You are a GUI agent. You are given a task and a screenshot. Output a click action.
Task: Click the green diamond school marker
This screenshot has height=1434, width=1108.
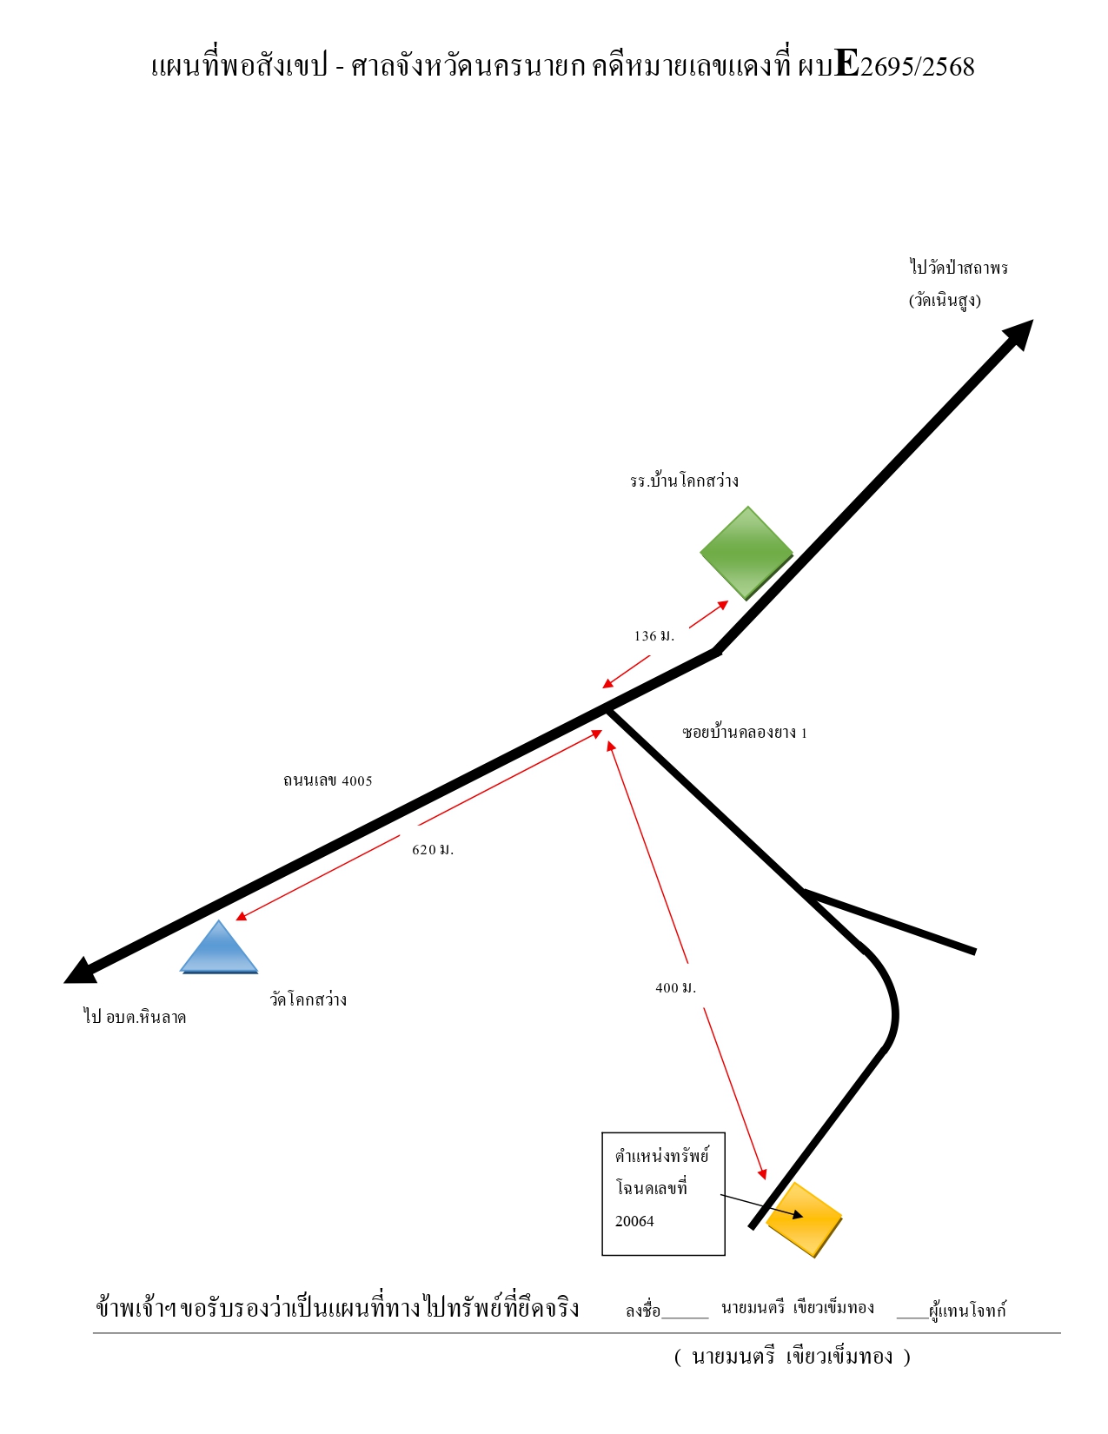746,553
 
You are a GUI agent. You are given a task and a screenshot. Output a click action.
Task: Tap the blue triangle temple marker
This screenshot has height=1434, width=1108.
218,947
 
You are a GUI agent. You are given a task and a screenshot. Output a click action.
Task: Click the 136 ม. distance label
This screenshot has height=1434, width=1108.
654,635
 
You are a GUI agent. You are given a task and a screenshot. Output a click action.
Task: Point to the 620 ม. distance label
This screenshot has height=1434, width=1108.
433,849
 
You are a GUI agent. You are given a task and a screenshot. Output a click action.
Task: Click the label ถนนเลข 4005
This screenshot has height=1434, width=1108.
328,780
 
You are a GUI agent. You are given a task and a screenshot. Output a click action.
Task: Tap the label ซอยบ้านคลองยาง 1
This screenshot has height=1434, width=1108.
745,733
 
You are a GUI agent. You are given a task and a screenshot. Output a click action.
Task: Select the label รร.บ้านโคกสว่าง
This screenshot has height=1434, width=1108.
684,481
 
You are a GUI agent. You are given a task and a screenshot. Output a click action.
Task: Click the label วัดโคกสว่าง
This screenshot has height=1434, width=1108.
309,999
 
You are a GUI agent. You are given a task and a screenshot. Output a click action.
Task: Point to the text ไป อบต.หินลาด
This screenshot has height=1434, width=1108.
136,1016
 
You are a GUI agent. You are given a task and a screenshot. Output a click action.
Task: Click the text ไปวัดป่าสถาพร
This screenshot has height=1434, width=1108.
959,268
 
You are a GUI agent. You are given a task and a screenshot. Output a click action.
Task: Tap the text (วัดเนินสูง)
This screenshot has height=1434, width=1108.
945,300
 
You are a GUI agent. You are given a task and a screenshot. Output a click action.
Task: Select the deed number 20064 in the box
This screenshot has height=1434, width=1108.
634,1221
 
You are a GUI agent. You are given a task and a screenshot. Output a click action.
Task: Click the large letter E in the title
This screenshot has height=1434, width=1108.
846,63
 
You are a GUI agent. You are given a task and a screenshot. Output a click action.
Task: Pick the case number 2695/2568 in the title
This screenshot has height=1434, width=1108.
918,67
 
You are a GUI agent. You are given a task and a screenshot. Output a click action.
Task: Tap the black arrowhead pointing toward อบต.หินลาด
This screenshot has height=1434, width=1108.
81,972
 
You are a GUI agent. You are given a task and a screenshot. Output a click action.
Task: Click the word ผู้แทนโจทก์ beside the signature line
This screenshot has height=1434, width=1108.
967,1309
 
